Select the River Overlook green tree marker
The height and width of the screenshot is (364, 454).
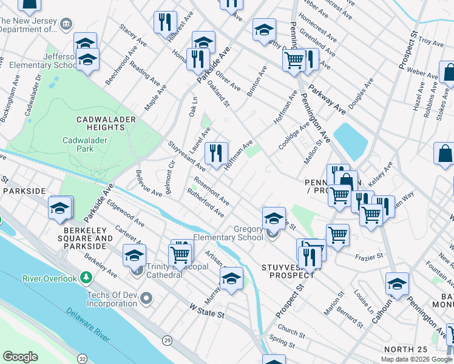click(x=86, y=278)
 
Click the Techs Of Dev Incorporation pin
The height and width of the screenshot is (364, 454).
click(x=146, y=297)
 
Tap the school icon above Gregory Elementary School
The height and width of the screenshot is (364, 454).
click(x=274, y=218)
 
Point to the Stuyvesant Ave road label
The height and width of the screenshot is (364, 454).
click(x=186, y=155)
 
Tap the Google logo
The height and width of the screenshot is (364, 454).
click(x=21, y=357)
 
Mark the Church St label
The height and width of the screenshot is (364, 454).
click(x=291, y=333)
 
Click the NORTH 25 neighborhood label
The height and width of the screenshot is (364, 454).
click(x=405, y=349)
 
